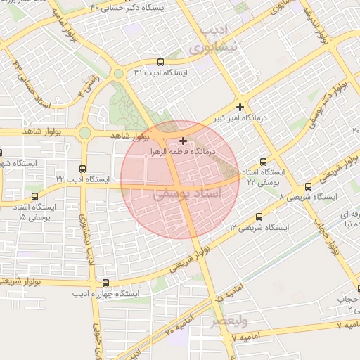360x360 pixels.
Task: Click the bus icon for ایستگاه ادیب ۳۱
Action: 161,62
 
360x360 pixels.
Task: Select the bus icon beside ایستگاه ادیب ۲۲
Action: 83,169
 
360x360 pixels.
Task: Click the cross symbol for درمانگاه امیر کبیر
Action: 240,107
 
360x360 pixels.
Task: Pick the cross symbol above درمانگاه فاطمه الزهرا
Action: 184,141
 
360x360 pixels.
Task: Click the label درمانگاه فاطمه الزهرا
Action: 184,151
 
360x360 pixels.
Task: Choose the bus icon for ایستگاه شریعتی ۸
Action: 308,186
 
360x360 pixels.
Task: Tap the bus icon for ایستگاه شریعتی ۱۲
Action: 259,217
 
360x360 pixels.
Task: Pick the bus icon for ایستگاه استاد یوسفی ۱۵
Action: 35,197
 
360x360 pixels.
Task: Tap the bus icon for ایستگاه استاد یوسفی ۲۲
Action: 264,161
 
